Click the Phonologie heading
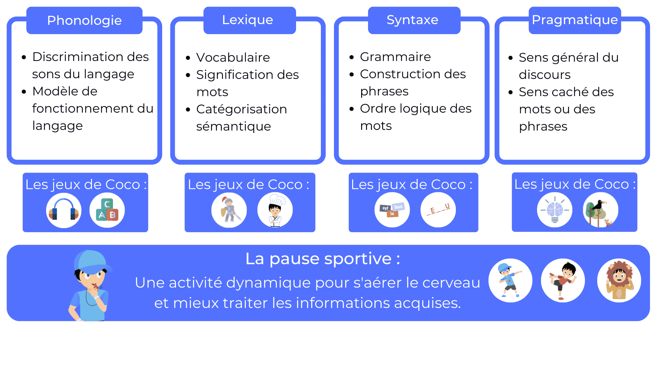(84, 20)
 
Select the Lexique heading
(248, 20)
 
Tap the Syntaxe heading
(412, 20)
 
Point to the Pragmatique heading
(575, 20)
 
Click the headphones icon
(64, 210)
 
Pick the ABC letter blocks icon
(107, 210)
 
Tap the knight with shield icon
(229, 210)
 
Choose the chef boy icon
(275, 210)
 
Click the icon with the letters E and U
(438, 209)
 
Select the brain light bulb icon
(555, 209)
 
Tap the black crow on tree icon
(601, 209)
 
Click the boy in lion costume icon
(619, 280)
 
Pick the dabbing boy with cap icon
(511, 280)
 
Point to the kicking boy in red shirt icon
(563, 280)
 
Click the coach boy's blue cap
(92, 261)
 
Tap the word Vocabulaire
(233, 58)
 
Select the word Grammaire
(395, 57)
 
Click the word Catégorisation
(242, 109)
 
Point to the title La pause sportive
(323, 259)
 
